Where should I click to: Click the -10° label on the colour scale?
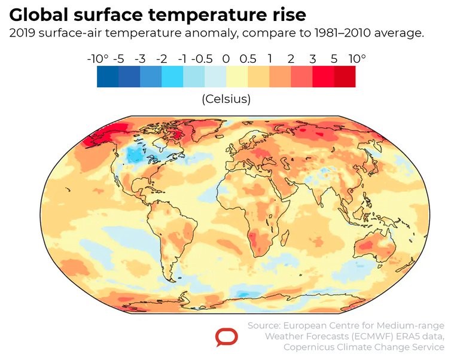[97, 59]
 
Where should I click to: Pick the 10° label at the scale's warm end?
[356, 59]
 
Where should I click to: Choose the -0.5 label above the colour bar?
[205, 59]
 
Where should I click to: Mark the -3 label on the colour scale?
[140, 59]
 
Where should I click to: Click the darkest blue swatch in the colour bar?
[108, 77]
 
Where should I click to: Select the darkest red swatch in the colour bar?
[345, 77]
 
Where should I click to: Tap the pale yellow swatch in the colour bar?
[237, 77]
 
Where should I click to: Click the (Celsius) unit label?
[226, 99]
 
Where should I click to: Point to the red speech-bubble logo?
[226, 337]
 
